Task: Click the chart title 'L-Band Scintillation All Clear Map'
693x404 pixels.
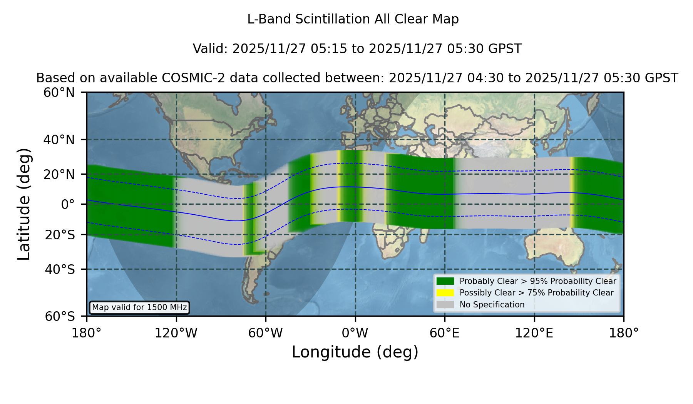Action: (353, 19)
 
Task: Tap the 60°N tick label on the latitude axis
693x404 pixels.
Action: (59, 92)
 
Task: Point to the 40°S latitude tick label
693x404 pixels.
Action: (60, 269)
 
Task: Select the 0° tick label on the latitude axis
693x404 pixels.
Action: (68, 204)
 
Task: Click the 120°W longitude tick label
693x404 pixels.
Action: (176, 333)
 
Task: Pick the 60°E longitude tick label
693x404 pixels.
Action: (445, 333)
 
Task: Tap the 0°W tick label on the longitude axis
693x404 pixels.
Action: (355, 333)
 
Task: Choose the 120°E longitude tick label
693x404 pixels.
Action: (534, 333)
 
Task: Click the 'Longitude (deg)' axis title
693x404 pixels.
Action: (355, 352)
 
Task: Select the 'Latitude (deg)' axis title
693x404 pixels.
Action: (24, 204)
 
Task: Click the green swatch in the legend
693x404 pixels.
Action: (445, 281)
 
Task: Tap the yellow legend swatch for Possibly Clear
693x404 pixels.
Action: (445, 293)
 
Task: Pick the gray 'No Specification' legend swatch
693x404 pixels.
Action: (445, 305)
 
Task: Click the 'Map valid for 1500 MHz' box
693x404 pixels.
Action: (139, 307)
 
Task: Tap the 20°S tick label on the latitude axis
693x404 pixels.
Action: (60, 234)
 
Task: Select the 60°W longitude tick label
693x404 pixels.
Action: (266, 333)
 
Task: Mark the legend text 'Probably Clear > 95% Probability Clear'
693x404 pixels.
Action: (538, 281)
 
